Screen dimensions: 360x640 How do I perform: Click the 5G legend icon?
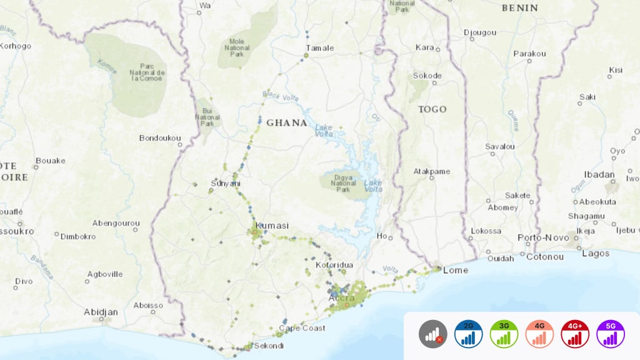click(x=611, y=334)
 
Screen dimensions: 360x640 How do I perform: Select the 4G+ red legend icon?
click(x=575, y=334)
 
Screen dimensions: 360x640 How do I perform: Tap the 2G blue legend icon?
click(x=469, y=334)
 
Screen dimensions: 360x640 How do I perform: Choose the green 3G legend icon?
click(x=504, y=334)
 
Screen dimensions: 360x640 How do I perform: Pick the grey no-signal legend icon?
click(x=433, y=334)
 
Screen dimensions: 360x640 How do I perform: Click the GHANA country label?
click(x=287, y=123)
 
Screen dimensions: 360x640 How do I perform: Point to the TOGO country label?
click(x=432, y=109)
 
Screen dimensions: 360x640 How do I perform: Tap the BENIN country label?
click(x=519, y=8)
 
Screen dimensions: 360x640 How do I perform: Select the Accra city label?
click(x=342, y=298)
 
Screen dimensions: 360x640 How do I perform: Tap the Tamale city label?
click(x=320, y=48)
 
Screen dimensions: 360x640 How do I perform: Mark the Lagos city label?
click(x=596, y=253)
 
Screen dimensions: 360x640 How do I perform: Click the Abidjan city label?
click(x=101, y=311)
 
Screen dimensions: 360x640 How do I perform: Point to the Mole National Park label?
click(x=237, y=48)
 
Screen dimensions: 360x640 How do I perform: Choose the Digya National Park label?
click(x=343, y=183)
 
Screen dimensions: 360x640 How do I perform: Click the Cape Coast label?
click(x=302, y=328)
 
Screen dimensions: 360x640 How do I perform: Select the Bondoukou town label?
click(x=160, y=138)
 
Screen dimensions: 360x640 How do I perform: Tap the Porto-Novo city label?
click(x=543, y=237)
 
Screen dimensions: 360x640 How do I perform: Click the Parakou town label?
click(x=529, y=54)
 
